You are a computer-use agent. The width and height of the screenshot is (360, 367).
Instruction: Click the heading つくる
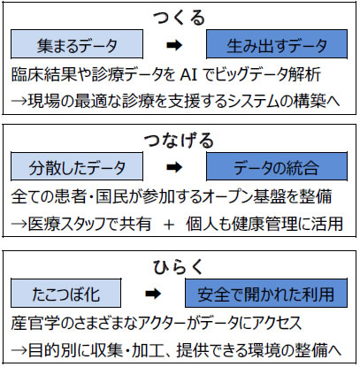[180, 17]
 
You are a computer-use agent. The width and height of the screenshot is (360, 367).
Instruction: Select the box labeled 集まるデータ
[77, 44]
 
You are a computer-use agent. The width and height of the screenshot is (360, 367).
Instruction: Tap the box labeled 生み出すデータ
[277, 44]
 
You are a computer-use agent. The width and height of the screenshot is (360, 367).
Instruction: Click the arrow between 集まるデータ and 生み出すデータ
[174, 45]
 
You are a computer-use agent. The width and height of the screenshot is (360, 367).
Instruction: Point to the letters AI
[188, 75]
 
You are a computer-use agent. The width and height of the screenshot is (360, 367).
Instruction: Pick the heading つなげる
[180, 140]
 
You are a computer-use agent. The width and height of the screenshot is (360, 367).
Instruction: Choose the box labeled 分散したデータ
[77, 166]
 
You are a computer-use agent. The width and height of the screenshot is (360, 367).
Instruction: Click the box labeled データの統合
[277, 166]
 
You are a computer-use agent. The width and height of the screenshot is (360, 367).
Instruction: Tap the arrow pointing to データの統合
[174, 167]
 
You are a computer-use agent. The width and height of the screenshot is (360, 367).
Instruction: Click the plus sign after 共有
[169, 225]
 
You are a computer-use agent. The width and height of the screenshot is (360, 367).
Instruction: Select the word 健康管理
[264, 224]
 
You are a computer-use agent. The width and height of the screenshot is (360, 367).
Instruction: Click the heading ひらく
[179, 267]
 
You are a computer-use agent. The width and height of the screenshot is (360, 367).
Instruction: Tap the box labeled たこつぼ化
[66, 294]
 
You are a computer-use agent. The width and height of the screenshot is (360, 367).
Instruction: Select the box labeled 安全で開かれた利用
[266, 294]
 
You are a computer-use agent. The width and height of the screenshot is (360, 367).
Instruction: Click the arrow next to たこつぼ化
[153, 294]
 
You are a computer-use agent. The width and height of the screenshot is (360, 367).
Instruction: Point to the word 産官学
[34, 323]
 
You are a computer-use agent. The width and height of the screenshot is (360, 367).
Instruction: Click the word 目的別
[50, 350]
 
